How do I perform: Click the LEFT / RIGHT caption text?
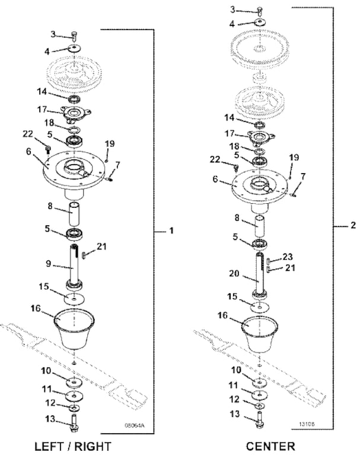coord(72,446)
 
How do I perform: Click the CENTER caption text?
coord(270,446)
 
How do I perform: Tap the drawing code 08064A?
coord(134,425)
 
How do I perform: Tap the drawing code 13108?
coord(307,424)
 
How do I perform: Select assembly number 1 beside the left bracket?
coord(171,230)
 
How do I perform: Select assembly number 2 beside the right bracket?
coord(353,225)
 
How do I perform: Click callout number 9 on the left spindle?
coord(48,264)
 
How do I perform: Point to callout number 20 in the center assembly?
coord(234,273)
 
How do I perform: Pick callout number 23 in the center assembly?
coord(288,257)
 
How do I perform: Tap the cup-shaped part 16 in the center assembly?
coord(259,333)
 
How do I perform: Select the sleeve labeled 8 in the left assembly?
coord(74,214)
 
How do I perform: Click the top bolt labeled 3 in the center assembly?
coord(259,11)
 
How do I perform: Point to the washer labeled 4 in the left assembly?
coord(75,48)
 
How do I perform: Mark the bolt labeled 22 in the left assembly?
coord(48,149)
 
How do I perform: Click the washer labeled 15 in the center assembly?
coord(260,306)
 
